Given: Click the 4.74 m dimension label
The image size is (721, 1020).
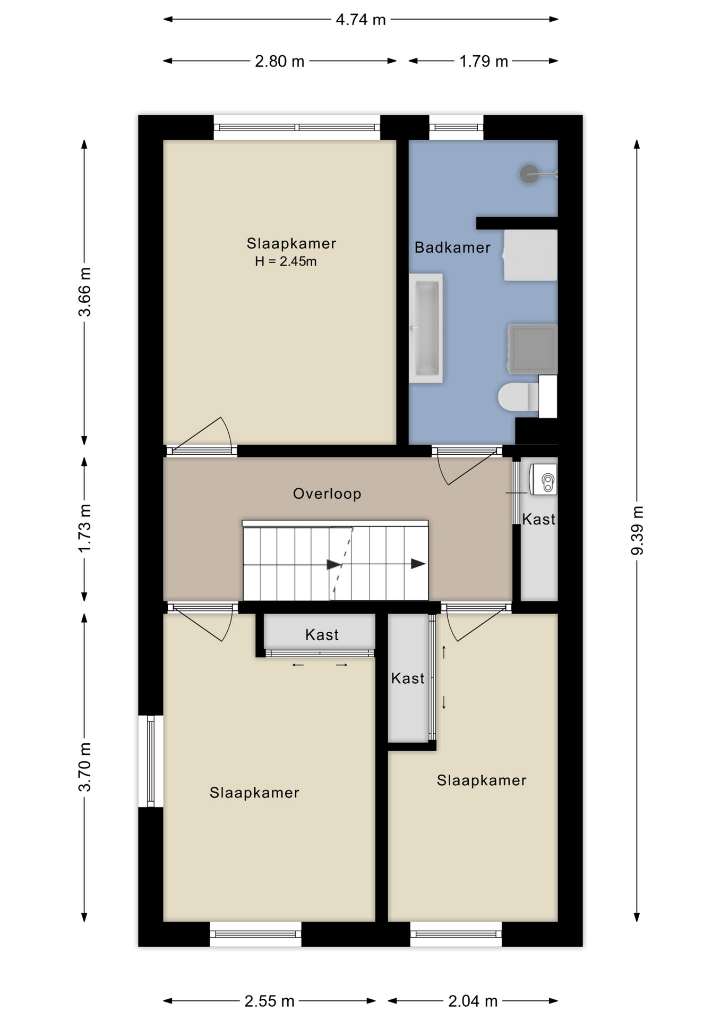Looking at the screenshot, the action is pyautogui.click(x=360, y=20).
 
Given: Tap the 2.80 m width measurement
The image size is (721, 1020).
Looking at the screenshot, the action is pyautogui.click(x=279, y=62).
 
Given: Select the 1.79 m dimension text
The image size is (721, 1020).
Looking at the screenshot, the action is pyautogui.click(x=483, y=62).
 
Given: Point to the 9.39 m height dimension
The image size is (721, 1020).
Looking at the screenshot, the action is pyautogui.click(x=637, y=531).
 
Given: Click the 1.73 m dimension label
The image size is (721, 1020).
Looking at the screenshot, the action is pyautogui.click(x=84, y=528).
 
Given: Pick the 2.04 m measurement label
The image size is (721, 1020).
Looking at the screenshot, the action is pyautogui.click(x=473, y=1001).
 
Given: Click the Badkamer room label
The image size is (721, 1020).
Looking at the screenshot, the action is pyautogui.click(x=452, y=248).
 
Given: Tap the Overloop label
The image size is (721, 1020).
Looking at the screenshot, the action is pyautogui.click(x=327, y=494).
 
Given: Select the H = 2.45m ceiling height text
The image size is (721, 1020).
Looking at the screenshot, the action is pyautogui.click(x=286, y=261).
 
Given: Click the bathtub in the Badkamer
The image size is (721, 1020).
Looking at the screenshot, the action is pyautogui.click(x=426, y=328).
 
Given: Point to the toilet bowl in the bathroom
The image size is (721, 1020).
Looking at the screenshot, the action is pyautogui.click(x=519, y=397).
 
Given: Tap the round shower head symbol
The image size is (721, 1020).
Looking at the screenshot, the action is pyautogui.click(x=529, y=174).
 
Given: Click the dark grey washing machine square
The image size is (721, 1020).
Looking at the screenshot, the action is pyautogui.click(x=533, y=348).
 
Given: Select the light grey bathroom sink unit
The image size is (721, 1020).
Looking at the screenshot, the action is pyautogui.click(x=530, y=256).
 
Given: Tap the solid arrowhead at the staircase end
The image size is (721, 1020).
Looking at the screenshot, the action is pyautogui.click(x=418, y=564).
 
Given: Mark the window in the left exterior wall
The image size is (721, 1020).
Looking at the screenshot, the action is pyautogui.click(x=151, y=761).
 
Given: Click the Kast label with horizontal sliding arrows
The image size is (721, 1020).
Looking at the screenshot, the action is pyautogui.click(x=322, y=635).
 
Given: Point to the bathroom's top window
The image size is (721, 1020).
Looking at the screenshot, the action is pyautogui.click(x=456, y=127).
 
